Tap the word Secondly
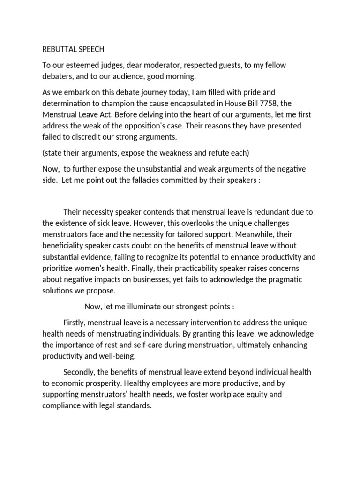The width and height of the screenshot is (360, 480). (x=80, y=372)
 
